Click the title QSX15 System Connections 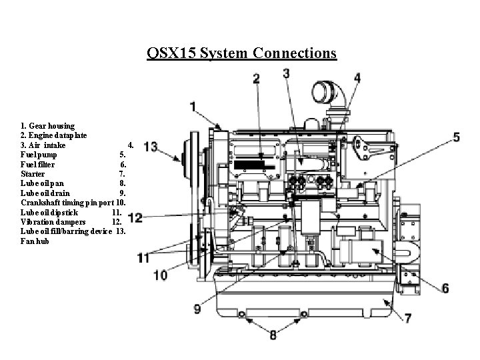click(x=242, y=53)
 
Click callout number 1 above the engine click(x=193, y=105)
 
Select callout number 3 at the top click(x=287, y=72)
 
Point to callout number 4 click(x=357, y=78)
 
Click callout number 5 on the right click(x=456, y=137)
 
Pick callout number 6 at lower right click(x=445, y=288)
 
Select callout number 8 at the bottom click(x=273, y=336)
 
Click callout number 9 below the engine click(x=197, y=309)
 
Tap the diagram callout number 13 click(x=150, y=146)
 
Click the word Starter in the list click(x=33, y=173)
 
